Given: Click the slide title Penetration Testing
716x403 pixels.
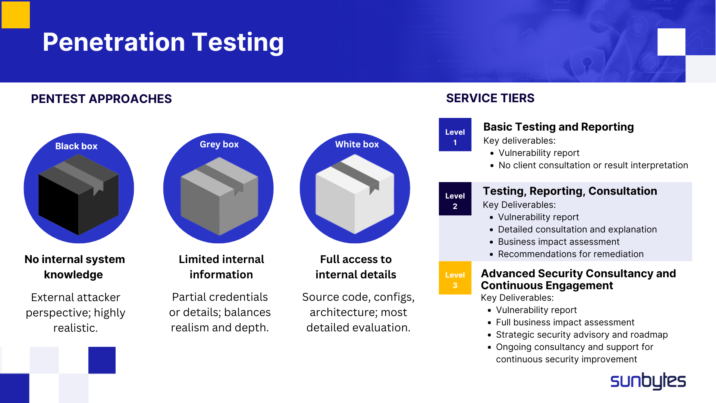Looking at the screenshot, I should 163,42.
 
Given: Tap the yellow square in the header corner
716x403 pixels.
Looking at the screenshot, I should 16,15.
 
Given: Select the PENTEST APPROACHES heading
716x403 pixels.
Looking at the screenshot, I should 101,99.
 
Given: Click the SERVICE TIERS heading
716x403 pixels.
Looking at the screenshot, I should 490,98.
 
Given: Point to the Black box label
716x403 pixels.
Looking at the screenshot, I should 76,146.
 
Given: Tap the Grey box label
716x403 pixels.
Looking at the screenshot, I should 219,144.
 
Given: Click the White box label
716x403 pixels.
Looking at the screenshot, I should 357,144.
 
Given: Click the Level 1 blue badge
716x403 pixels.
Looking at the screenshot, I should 455,135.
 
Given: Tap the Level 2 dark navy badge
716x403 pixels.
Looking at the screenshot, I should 455,199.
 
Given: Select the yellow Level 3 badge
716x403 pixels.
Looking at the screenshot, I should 455,278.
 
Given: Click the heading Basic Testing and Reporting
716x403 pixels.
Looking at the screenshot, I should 558,127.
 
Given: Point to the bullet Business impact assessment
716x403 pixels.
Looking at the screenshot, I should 558,242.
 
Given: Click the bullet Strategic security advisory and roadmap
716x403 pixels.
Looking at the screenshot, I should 581,335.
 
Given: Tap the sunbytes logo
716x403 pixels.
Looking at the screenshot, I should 648,381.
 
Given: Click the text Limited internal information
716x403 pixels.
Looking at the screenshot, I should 221,267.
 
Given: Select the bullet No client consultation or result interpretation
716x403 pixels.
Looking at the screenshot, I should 593,165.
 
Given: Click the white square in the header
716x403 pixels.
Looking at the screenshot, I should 671,42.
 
